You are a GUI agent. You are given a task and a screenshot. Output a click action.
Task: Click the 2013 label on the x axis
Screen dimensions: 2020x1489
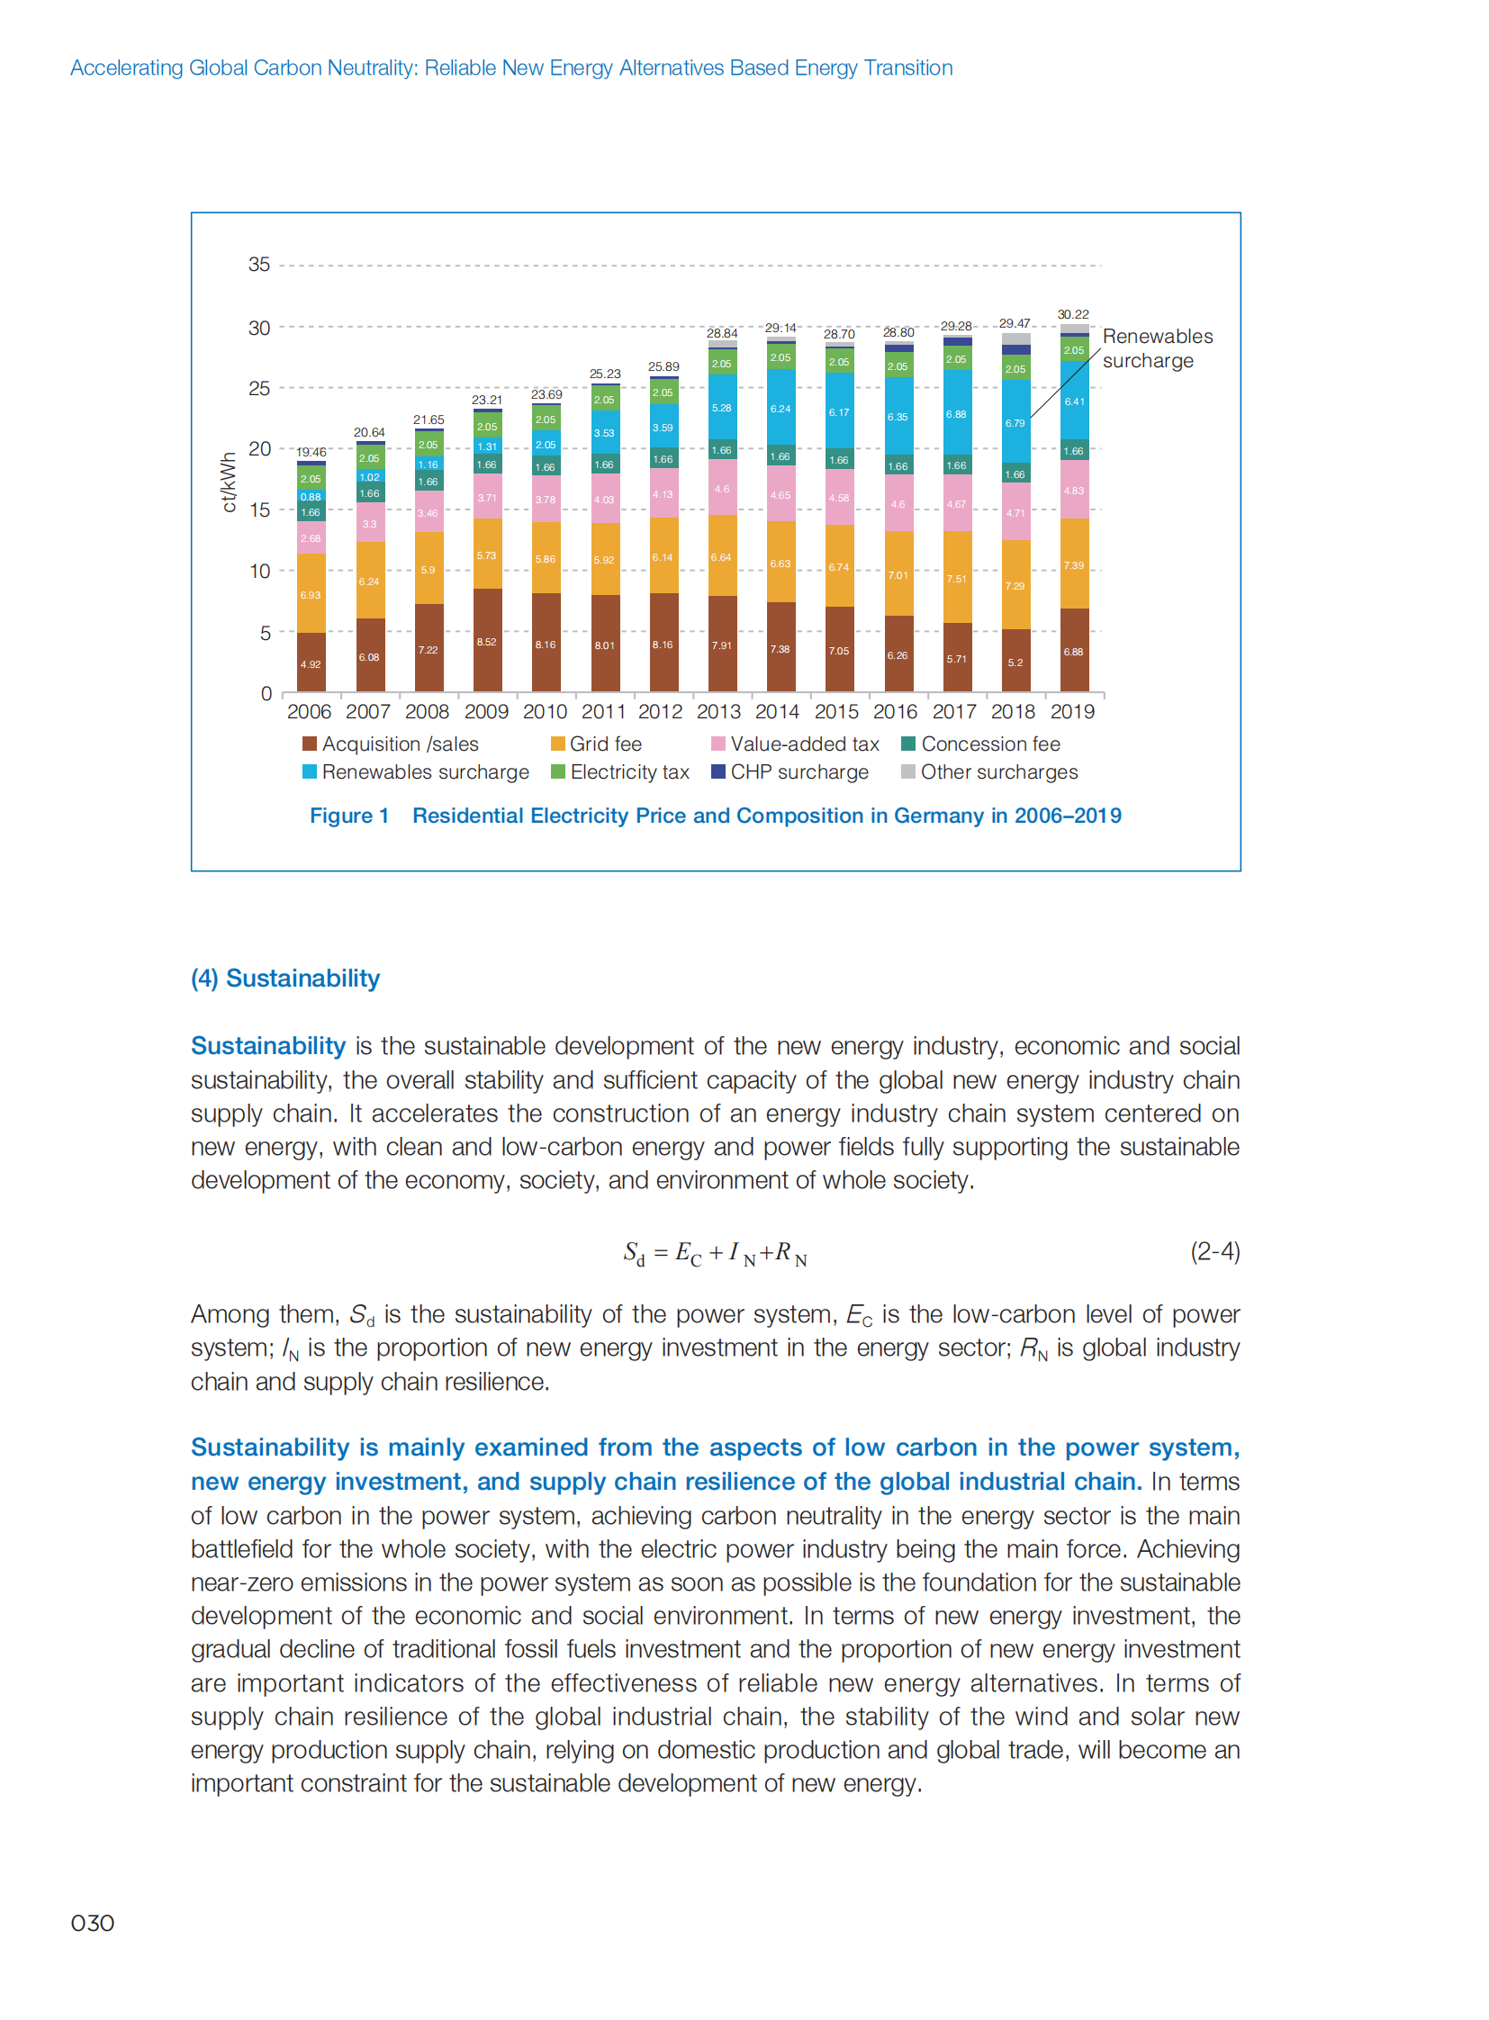point(718,712)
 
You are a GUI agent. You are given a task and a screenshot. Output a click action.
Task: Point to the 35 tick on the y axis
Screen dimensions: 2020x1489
point(258,265)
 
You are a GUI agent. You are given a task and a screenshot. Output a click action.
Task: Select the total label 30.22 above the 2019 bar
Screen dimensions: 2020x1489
point(1072,314)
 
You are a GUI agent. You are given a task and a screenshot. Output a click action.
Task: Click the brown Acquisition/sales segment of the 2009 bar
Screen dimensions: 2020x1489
point(488,640)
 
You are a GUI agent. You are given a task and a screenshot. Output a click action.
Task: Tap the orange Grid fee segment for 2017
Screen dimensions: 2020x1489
point(956,577)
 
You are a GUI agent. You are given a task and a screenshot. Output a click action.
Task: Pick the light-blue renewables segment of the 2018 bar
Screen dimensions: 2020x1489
point(1015,421)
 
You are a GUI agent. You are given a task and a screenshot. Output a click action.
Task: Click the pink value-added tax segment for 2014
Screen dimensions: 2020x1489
point(781,494)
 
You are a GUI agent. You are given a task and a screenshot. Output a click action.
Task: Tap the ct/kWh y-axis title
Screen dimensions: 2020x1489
point(229,482)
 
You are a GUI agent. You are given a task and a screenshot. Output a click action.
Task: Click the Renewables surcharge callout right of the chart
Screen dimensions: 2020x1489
point(1157,349)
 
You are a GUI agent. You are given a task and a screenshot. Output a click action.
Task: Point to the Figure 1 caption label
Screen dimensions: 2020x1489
point(348,816)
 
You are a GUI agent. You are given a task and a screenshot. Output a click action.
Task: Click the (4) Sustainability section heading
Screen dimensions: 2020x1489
point(284,978)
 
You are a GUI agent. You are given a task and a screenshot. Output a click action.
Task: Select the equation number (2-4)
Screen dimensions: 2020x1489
point(1214,1251)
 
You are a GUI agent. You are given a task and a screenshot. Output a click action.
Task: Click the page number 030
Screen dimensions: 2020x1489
point(92,1923)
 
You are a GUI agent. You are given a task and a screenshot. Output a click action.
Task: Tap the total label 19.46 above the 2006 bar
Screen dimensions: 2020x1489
point(311,453)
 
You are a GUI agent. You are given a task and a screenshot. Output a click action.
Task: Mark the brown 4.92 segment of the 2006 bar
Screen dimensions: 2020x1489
point(311,663)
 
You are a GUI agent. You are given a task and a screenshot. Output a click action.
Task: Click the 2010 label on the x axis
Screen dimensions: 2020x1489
point(545,712)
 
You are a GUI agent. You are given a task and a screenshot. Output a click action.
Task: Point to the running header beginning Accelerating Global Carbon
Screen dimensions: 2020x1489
point(511,68)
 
